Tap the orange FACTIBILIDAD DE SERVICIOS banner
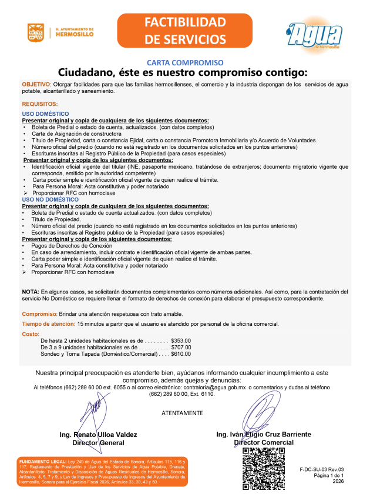pyautogui.click(x=185, y=31)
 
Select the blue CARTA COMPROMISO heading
pyautogui.click(x=185, y=62)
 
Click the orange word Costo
pyautogui.click(x=31, y=334)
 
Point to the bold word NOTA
pyautogui.click(x=30, y=292)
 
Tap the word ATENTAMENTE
pyautogui.click(x=181, y=413)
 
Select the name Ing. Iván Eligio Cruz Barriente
pyautogui.click(x=264, y=434)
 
